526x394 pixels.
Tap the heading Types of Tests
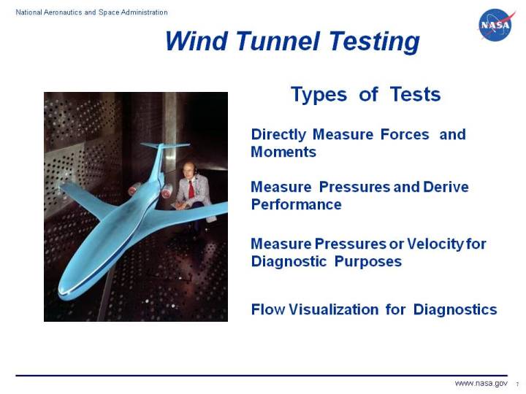click(365, 94)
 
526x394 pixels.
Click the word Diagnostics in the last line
click(455, 309)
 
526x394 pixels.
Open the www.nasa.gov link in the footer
click(481, 384)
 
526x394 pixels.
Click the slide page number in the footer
click(517, 385)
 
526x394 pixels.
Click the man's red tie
click(191, 189)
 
